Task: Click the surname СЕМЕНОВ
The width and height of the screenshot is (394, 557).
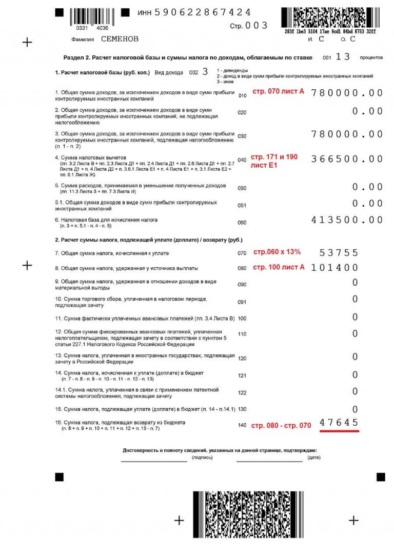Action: (x=120, y=39)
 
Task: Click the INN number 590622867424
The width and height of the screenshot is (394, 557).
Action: (x=202, y=12)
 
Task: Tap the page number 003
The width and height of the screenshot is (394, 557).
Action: (x=257, y=25)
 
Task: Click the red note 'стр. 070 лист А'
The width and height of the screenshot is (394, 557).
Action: (x=278, y=92)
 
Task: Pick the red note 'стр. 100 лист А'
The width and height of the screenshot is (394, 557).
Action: (x=279, y=267)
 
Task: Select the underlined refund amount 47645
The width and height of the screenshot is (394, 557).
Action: (x=339, y=423)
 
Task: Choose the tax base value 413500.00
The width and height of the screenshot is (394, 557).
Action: (x=347, y=220)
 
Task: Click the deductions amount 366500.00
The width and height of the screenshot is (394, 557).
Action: (x=347, y=159)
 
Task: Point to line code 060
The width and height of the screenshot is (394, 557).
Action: (x=242, y=223)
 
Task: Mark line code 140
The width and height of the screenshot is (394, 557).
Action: (x=242, y=425)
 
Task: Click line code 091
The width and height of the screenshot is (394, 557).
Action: (x=242, y=302)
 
